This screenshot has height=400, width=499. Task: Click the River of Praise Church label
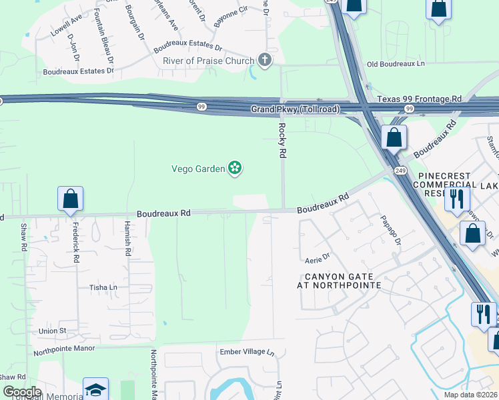click(x=209, y=61)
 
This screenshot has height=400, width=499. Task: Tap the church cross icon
click(x=265, y=61)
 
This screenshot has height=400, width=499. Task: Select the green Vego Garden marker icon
click(x=234, y=168)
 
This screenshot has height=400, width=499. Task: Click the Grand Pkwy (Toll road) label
click(x=295, y=109)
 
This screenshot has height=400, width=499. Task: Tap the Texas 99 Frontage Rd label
click(x=419, y=99)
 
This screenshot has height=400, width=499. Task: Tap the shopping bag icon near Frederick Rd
click(x=70, y=199)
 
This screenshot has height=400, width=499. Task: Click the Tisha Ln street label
click(x=103, y=287)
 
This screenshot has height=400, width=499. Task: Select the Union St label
click(x=53, y=331)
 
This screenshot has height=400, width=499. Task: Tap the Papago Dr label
click(x=390, y=230)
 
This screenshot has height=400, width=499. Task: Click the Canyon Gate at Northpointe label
click(x=339, y=281)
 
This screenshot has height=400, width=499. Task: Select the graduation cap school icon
click(x=95, y=389)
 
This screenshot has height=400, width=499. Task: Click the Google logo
click(x=22, y=392)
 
